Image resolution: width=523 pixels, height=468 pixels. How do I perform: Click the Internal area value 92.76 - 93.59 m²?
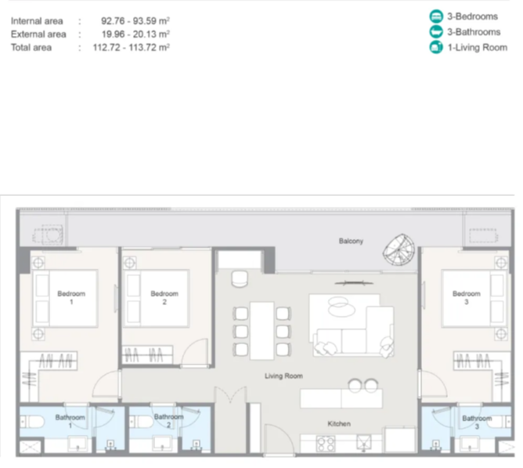pos(135,20)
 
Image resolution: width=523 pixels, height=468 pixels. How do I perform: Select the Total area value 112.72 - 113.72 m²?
pos(131,47)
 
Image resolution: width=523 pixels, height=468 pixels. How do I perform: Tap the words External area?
pos(38,34)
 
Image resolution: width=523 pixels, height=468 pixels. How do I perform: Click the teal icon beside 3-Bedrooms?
pos(436,16)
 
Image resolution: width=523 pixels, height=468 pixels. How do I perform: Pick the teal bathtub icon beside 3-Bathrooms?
pos(436,31)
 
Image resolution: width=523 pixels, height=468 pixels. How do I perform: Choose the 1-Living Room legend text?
pos(478,48)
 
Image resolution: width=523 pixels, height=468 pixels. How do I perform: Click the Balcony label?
pos(351,241)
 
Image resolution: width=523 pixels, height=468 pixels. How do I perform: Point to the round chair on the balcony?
pos(399,249)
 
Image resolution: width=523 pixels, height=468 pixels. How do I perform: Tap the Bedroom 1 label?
pos(71,297)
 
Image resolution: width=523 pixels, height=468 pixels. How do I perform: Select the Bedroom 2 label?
pos(164,297)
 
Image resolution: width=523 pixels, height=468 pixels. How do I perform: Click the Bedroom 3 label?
pos(467,297)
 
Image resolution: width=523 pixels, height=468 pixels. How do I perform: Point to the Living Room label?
pos(284,375)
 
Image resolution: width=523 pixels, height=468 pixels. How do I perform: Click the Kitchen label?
pos(339,423)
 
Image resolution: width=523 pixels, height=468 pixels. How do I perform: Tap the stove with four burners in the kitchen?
pos(326,444)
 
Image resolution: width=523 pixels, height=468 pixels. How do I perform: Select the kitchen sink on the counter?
pos(364,443)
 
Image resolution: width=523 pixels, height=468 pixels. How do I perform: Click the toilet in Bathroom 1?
pos(31,422)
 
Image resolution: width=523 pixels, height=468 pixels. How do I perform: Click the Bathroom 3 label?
pos(477,423)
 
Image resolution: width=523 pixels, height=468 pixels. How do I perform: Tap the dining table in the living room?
pos(261,330)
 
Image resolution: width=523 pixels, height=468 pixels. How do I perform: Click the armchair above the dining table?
pos(240,279)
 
